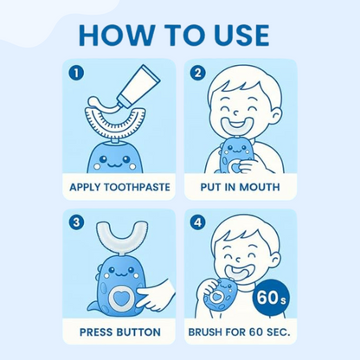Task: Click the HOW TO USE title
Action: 174,35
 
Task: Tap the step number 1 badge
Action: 76,73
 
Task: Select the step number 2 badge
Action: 197,73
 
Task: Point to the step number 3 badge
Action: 76,222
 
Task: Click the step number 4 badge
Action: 197,222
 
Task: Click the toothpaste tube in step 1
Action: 136,86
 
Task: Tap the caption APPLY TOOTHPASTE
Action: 119,187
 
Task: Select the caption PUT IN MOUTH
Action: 241,187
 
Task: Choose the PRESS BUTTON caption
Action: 120,332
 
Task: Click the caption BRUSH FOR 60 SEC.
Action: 239,332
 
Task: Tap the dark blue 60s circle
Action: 271,299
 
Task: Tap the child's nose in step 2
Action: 236,112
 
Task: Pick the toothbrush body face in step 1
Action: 114,159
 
